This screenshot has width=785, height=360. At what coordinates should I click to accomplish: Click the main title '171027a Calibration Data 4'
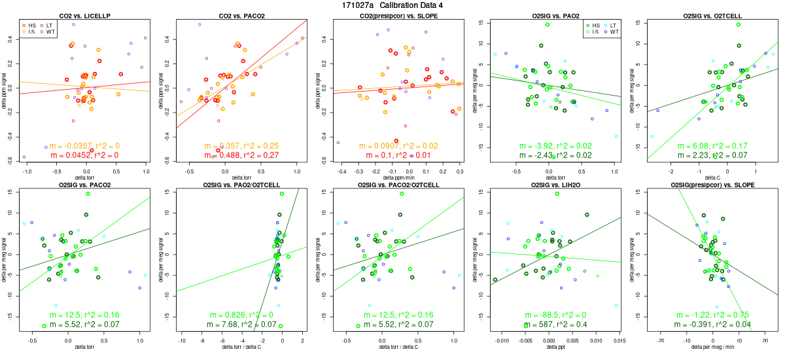(392, 5)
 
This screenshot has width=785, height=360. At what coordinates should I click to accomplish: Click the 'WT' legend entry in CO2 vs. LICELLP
(50, 31)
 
